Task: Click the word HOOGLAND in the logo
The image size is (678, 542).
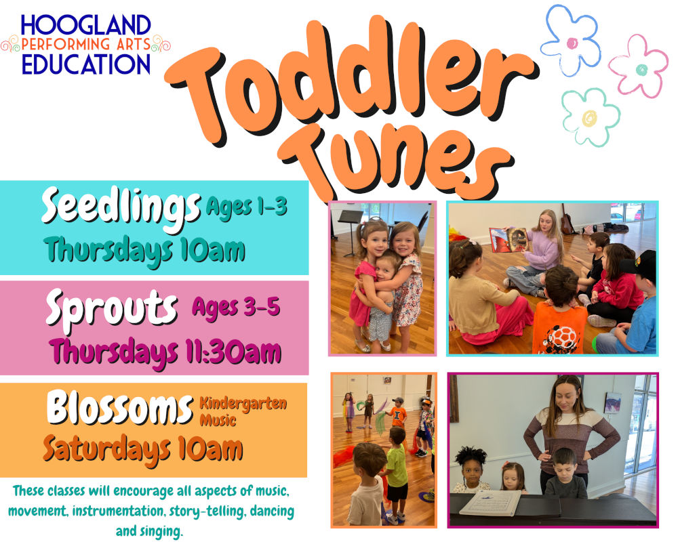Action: [85, 25]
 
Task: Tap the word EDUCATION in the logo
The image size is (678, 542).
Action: [86, 64]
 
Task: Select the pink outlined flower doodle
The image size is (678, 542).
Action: [639, 66]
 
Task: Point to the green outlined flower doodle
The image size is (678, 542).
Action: [591, 117]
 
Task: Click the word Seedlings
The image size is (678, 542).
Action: [121, 208]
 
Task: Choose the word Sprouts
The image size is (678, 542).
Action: [112, 308]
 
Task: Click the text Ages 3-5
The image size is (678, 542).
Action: [236, 308]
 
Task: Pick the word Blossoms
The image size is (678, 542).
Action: [120, 407]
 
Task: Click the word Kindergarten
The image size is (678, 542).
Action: [243, 404]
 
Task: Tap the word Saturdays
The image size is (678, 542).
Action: [107, 450]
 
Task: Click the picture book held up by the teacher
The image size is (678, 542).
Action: [509, 239]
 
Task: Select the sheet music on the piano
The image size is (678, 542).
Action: [490, 503]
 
